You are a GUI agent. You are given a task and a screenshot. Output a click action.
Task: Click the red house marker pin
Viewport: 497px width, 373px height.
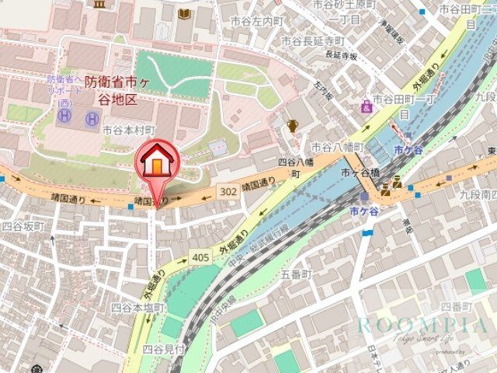coord(157,166)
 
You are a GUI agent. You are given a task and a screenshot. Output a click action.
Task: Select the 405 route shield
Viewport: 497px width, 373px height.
coord(200,256)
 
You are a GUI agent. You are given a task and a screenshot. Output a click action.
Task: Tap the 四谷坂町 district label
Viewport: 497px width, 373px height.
coord(23,227)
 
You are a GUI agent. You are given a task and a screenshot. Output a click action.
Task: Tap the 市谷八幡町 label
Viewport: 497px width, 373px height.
coord(332,146)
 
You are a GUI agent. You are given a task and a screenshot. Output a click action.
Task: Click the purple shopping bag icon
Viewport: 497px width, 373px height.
coord(366,107)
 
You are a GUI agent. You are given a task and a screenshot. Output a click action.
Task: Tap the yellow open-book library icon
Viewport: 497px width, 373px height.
coord(183,15)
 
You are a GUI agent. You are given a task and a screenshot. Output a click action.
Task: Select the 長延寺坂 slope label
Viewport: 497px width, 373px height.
coord(342,56)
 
